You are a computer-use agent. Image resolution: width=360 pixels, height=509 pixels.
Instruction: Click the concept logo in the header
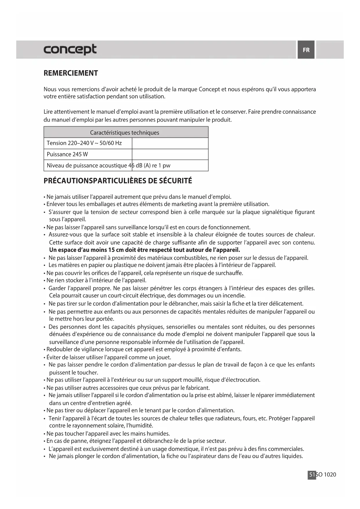pyautogui.click(x=70, y=50)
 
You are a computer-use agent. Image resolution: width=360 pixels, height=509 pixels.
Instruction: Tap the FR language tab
pyautogui.click(x=306, y=50)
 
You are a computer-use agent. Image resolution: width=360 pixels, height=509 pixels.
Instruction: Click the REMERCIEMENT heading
pyautogui.click(x=71, y=73)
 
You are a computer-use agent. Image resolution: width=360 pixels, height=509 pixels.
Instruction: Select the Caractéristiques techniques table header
pyautogui.click(x=124, y=133)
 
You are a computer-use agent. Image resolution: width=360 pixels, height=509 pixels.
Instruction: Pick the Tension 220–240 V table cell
pyautogui.click(x=84, y=143)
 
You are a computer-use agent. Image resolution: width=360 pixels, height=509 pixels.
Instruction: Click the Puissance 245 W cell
pyautogui.click(x=68, y=154)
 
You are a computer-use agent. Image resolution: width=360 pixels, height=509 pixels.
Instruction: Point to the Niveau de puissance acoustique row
pyautogui.click(x=108, y=166)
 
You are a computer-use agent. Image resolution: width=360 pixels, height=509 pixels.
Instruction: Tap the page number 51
pyautogui.click(x=312, y=474)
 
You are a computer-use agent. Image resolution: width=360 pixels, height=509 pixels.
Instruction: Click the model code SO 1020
pyautogui.click(x=326, y=474)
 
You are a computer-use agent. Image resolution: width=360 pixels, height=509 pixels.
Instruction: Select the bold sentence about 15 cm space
pyautogui.click(x=144, y=250)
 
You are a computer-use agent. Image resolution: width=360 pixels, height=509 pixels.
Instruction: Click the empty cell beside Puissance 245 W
pyautogui.click(x=170, y=154)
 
